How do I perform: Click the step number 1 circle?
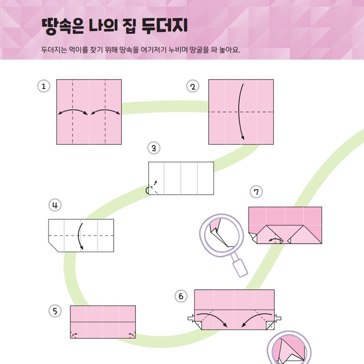[44, 86]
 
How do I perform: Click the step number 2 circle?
[193, 86]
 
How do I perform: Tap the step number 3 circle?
[153, 148]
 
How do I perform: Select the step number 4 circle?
[55, 205]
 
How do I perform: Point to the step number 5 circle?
[55, 311]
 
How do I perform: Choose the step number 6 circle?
[181, 296]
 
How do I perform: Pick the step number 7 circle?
[256, 192]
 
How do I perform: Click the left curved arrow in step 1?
[73, 112]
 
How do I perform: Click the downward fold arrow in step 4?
[81, 236]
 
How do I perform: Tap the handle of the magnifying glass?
[241, 266]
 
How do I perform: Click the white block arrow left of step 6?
[191, 319]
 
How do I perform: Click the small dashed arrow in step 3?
[154, 185]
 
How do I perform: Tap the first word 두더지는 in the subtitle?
[53, 50]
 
